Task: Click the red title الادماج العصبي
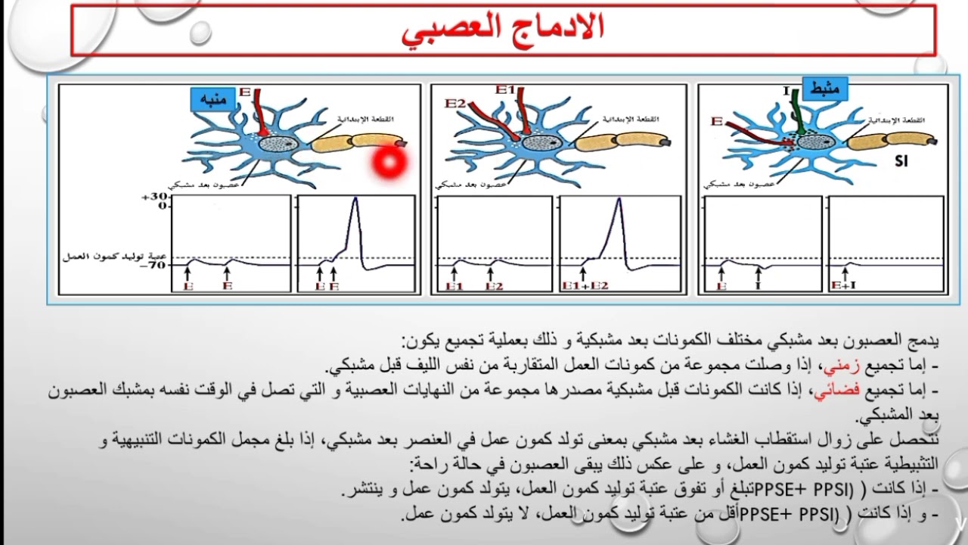click(x=503, y=28)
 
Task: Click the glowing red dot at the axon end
click(x=390, y=161)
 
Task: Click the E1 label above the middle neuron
click(x=505, y=90)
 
